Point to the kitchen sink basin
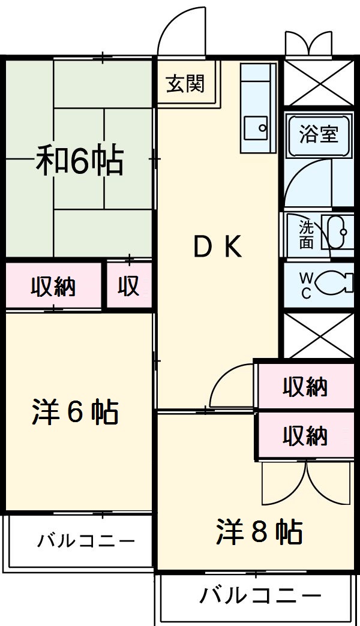click(x=256, y=127)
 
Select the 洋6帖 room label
click(x=74, y=413)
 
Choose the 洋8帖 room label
click(x=259, y=531)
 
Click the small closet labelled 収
click(x=128, y=286)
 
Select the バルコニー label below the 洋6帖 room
click(x=86, y=541)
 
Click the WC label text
click(x=305, y=285)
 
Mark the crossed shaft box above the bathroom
click(x=319, y=81)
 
